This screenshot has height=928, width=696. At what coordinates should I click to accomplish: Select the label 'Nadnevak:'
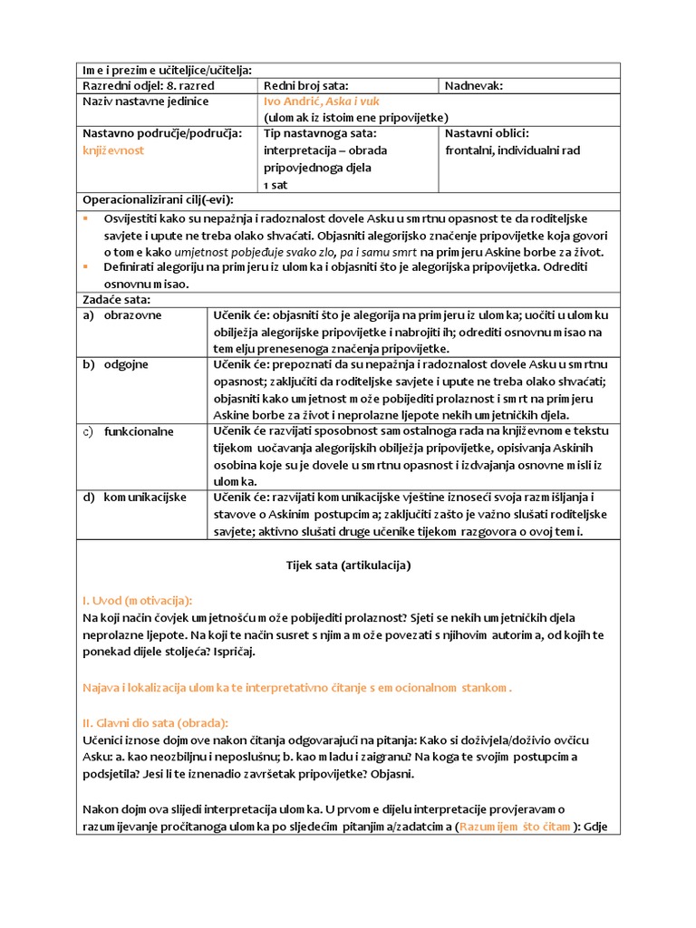click(474, 86)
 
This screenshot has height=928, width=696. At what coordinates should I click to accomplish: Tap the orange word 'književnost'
click(113, 150)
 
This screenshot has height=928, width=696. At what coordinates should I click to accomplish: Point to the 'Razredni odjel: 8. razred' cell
click(136, 86)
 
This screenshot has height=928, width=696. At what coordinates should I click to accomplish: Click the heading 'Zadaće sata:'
click(117, 299)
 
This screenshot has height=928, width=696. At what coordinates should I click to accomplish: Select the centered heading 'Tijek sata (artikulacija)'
click(348, 565)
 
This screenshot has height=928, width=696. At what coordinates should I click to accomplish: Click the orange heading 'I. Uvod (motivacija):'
click(137, 600)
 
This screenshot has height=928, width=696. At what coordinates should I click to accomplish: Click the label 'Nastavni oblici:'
click(487, 133)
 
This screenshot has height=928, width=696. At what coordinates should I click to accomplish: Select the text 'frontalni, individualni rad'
click(512, 150)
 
